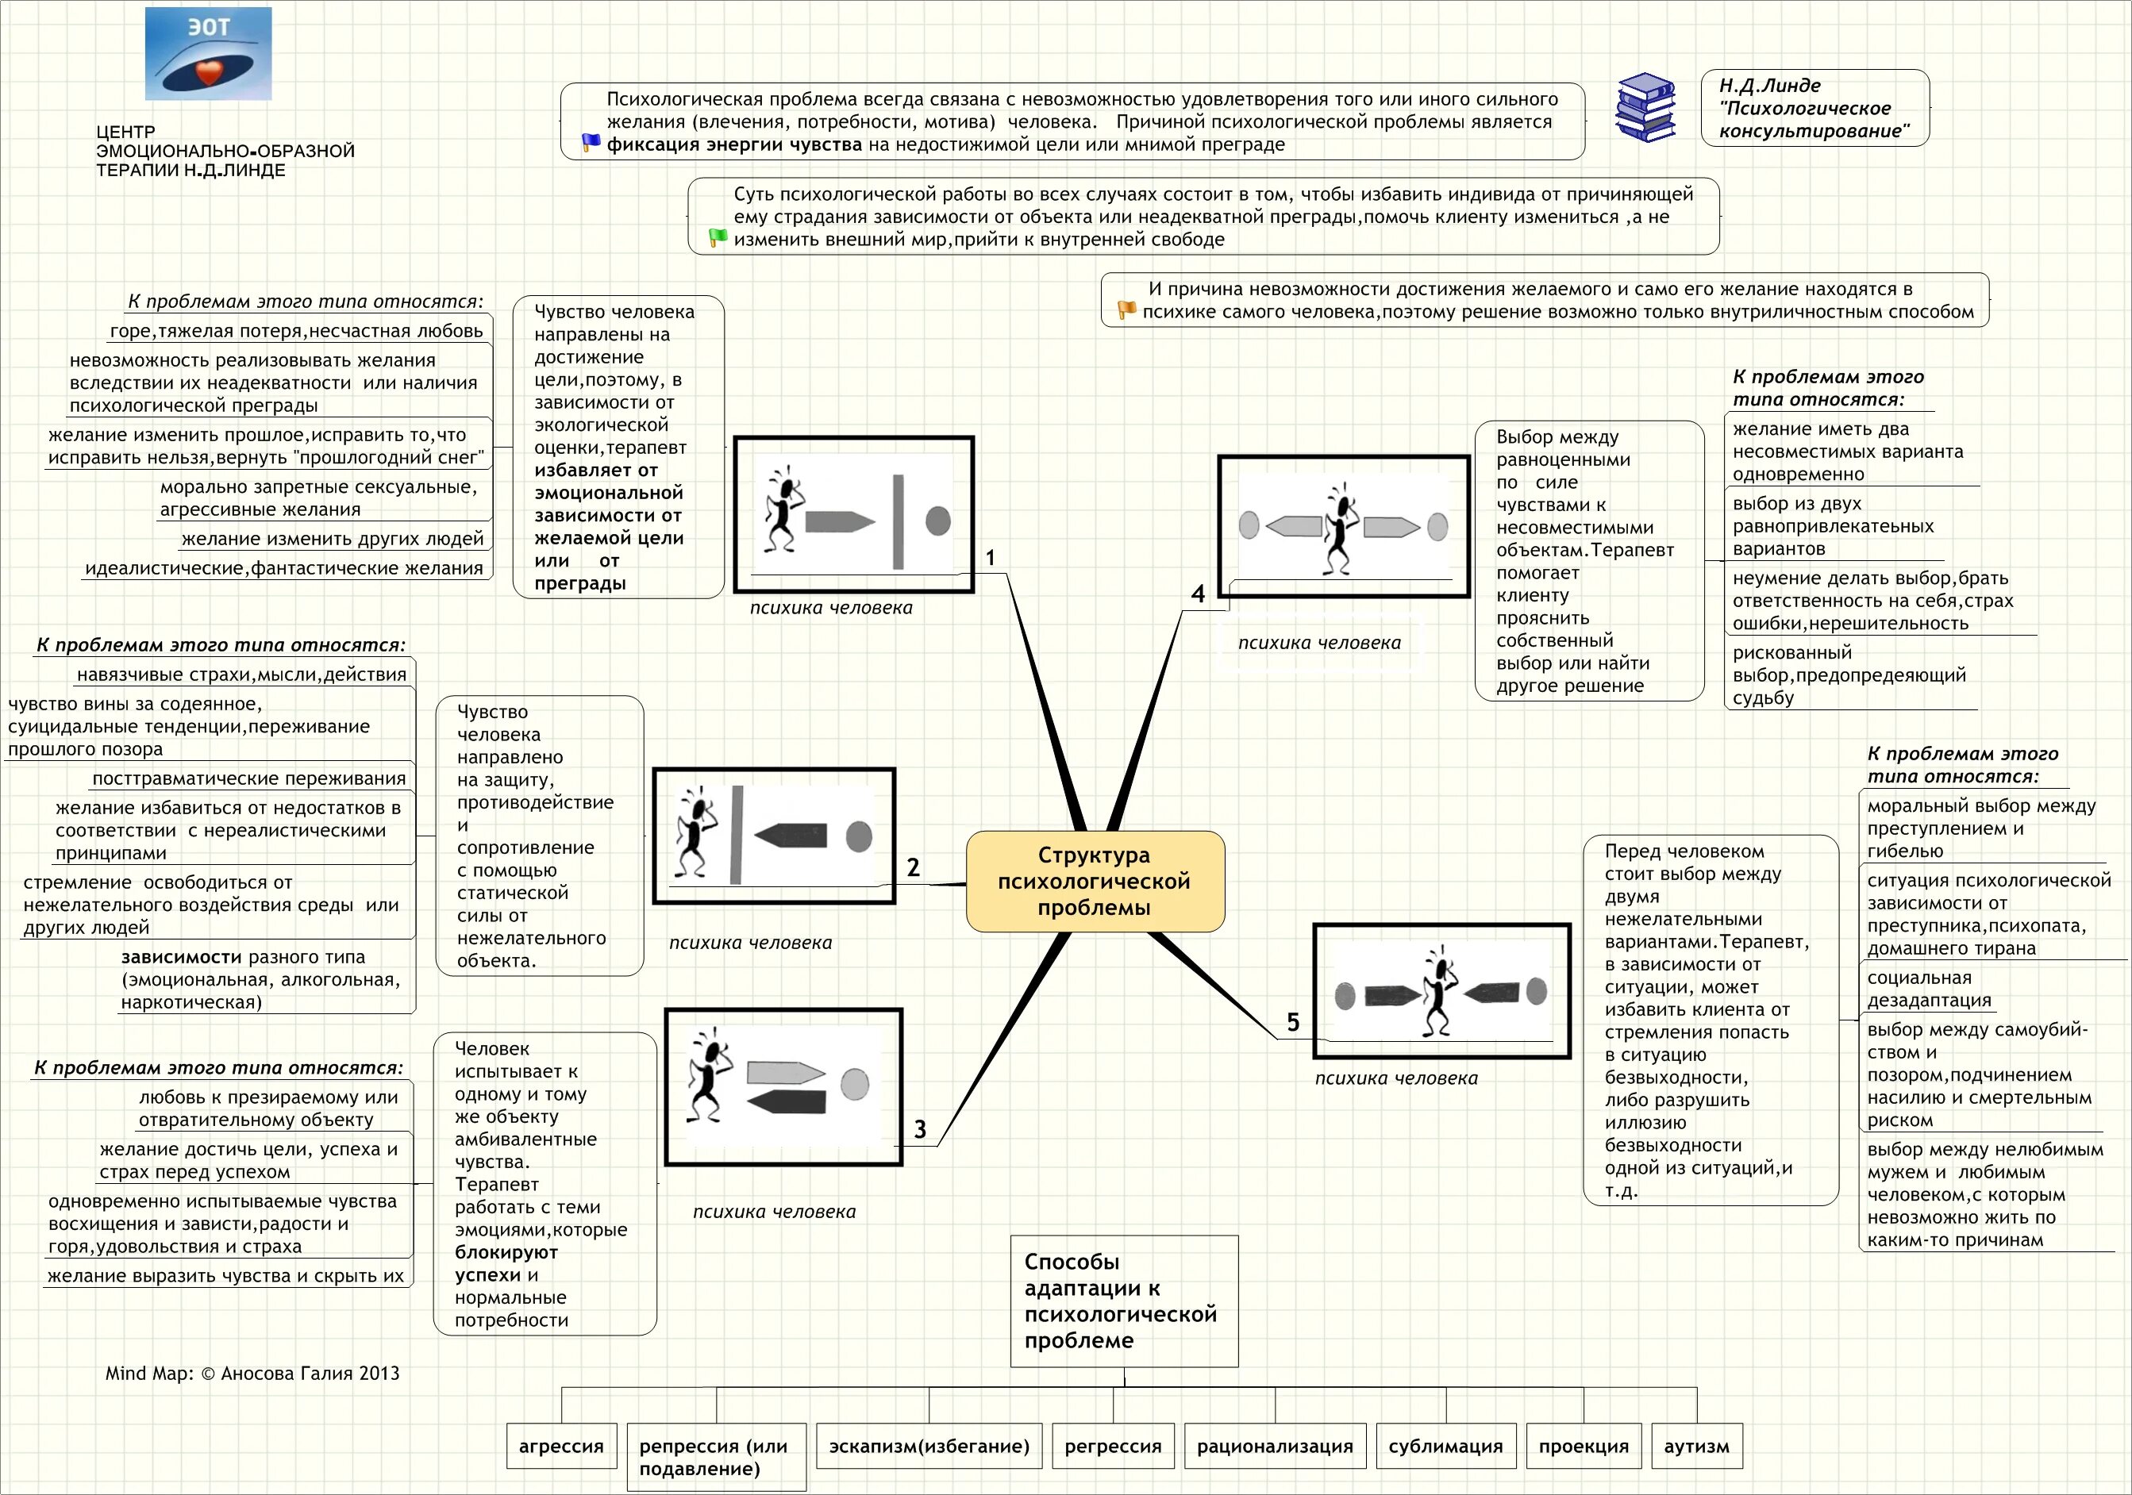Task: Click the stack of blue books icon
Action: tap(1645, 108)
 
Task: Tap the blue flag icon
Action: tap(591, 143)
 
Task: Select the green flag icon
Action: tap(718, 238)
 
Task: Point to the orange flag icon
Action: tap(1126, 310)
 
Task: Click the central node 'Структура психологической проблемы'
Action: tap(1095, 882)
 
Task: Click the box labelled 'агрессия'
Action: tap(561, 1446)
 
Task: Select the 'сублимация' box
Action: tap(1445, 1446)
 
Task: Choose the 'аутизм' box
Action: tap(1695, 1446)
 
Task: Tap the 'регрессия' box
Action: tap(1112, 1446)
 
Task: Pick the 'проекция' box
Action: tap(1584, 1446)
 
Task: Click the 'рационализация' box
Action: tap(1275, 1446)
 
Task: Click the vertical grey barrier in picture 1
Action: tap(898, 522)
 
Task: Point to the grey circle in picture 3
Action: tap(854, 1084)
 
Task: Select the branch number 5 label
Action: tap(1292, 1022)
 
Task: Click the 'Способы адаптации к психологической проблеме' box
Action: tap(1124, 1300)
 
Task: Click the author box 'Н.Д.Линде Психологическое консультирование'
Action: tap(1815, 108)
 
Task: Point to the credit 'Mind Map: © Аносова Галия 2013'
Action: tap(252, 1374)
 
